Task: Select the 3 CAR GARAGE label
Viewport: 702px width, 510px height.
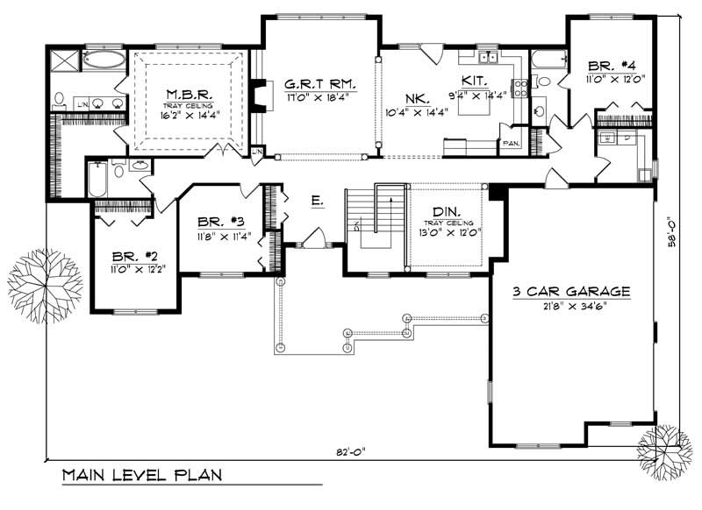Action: tap(574, 291)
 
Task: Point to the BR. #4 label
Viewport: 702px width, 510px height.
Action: tap(605, 66)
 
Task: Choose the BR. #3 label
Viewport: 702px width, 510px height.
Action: tap(216, 223)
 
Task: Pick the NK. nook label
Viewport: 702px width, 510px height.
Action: tap(416, 98)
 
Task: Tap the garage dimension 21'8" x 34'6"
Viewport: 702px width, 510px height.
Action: tap(574, 306)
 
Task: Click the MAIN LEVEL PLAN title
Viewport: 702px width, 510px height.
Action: tap(141, 476)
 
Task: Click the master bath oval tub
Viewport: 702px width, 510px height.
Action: tap(104, 60)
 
